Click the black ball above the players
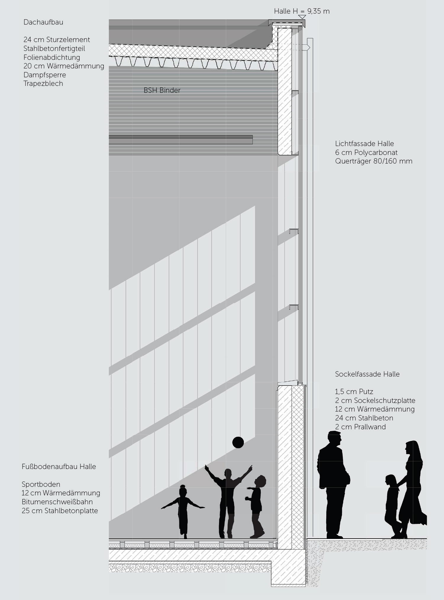(x=238, y=442)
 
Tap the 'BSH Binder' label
(x=162, y=90)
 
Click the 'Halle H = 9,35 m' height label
(x=301, y=11)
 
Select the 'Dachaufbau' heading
(x=43, y=22)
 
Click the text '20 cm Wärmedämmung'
(x=64, y=66)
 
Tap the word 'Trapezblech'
(x=43, y=84)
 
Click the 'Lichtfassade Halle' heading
(x=364, y=144)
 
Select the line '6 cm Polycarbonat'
(x=366, y=153)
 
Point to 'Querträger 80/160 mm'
(x=374, y=161)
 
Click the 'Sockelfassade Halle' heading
(x=367, y=374)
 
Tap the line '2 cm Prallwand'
(x=360, y=427)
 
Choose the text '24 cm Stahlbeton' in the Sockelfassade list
(x=364, y=418)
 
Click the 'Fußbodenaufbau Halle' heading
(x=59, y=467)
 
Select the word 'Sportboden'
(x=41, y=484)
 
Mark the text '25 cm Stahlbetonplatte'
(x=59, y=511)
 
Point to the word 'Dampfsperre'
(x=45, y=75)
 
